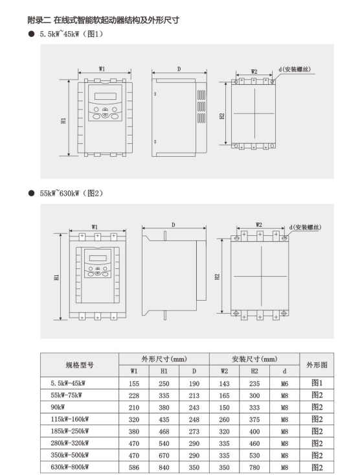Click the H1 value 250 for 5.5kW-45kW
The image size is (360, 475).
tap(164, 384)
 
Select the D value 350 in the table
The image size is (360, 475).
tap(194, 467)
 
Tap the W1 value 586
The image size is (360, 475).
tap(134, 467)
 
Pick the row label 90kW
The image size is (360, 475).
tap(58, 407)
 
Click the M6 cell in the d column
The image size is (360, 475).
tap(285, 384)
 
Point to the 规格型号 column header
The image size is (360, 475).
tap(80, 365)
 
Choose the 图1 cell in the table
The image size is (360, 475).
tap(317, 383)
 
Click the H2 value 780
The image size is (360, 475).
tap(254, 467)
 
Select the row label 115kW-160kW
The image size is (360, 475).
tap(70, 419)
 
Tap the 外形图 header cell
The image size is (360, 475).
tap(317, 365)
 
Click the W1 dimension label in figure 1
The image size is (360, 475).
tap(102, 69)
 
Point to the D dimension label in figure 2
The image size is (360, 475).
tap(174, 225)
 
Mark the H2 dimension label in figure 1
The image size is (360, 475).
tap(222, 117)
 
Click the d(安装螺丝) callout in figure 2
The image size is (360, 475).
tap(305, 227)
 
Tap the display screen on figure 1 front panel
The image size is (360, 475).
tap(106, 96)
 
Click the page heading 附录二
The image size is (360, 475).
tap(39, 20)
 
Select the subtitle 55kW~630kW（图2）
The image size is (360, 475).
tap(71, 193)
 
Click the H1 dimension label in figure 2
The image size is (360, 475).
tap(56, 277)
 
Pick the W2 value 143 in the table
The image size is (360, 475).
tap(225, 384)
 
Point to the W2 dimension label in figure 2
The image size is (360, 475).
tap(258, 225)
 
